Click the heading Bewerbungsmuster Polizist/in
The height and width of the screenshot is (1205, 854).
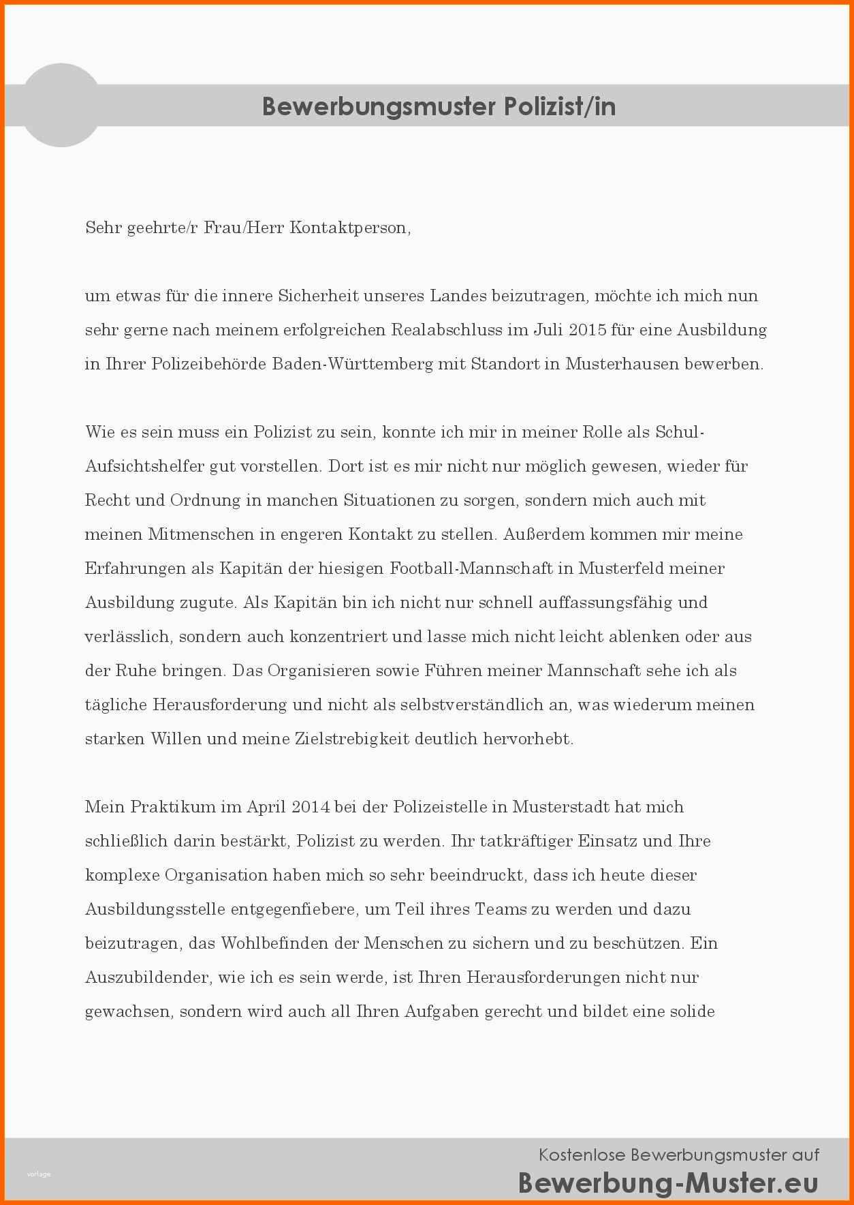coord(439,106)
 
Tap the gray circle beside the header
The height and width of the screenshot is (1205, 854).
coord(61,106)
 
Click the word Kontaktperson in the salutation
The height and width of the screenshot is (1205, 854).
coord(349,228)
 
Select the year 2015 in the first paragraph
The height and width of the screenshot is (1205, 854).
coord(587,330)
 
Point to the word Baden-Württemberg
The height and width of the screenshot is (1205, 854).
coord(352,364)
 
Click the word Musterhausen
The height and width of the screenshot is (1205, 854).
coord(622,364)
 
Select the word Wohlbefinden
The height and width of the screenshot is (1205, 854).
coord(274,943)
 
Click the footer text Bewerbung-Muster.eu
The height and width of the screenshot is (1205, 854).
coord(667,1183)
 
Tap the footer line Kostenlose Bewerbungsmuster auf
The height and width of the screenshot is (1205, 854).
coord(678,1155)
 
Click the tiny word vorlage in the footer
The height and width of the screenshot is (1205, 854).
coord(39,1174)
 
